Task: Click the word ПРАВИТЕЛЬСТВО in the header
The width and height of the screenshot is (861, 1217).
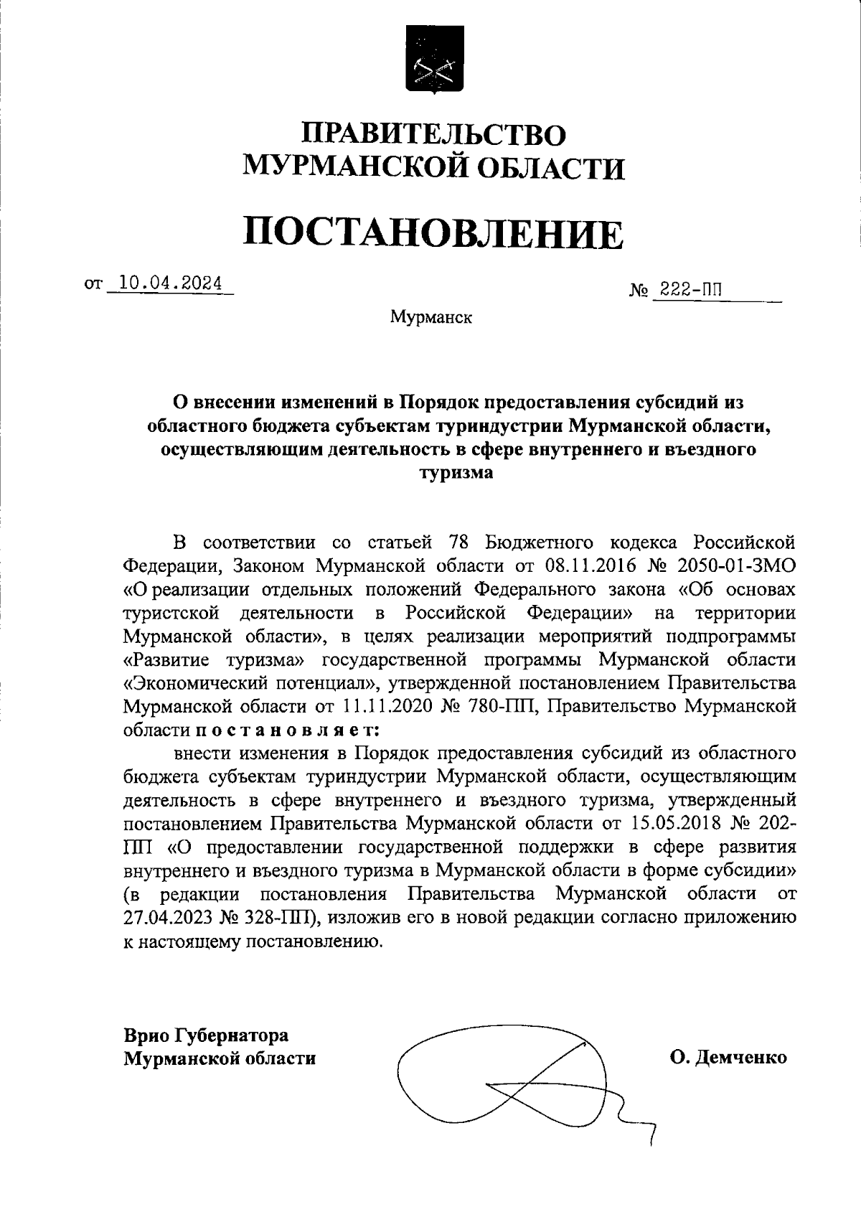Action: point(433,134)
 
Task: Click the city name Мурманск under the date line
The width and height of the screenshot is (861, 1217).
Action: point(431,316)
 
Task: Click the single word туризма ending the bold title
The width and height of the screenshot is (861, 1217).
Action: point(457,474)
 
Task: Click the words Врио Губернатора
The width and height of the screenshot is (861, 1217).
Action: point(206,1035)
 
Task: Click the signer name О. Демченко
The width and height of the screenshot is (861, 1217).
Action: point(728,1057)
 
